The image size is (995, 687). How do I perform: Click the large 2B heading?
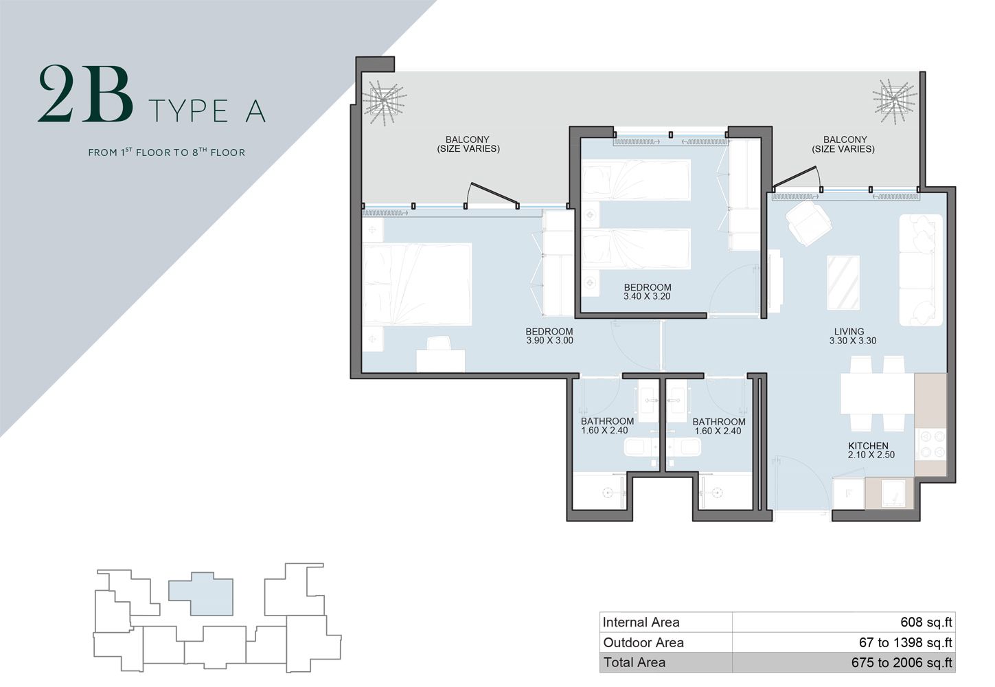click(85, 95)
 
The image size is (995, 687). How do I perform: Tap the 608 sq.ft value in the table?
click(926, 622)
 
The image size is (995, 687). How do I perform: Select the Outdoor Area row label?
click(643, 643)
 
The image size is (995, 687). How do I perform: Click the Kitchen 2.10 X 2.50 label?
click(870, 450)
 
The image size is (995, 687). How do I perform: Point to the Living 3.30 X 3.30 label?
click(852, 336)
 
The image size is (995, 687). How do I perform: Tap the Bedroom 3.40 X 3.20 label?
click(647, 292)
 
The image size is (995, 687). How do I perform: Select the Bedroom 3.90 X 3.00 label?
click(549, 336)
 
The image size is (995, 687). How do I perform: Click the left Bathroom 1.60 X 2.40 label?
click(606, 426)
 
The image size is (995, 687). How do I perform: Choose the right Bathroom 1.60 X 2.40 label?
click(718, 427)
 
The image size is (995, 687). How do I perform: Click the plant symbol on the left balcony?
click(385, 102)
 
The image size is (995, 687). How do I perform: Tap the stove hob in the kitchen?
click(930, 444)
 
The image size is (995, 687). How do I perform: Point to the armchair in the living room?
click(808, 223)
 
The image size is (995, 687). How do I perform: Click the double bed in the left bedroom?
click(417, 284)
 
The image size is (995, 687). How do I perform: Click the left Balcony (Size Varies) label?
click(468, 144)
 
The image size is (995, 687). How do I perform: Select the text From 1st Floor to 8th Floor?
click(166, 152)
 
